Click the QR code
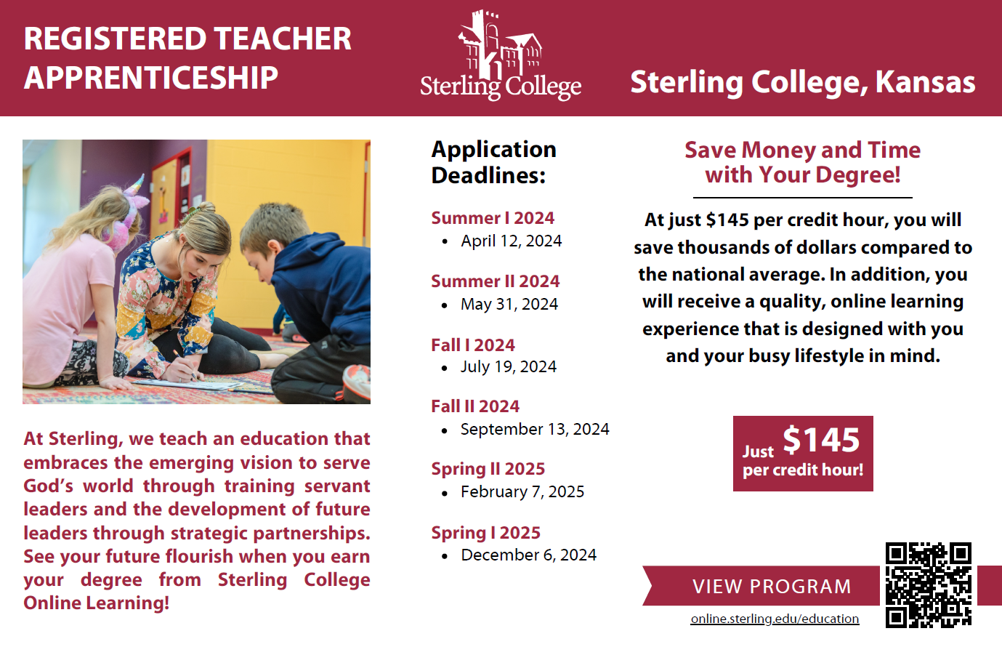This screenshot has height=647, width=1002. pos(928,584)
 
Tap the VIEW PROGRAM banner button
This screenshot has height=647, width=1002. pos(771,587)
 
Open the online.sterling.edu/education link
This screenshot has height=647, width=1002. pos(775,619)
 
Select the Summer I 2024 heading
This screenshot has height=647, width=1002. pos(493,218)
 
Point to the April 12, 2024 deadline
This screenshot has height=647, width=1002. pos(511,241)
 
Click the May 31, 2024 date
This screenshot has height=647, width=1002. pos(509,304)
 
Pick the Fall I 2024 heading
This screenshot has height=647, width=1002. pos(473,345)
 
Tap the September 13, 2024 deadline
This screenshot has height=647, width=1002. pos(534,429)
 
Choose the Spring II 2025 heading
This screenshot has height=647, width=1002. pos(488,469)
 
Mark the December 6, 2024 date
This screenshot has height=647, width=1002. pos(528,555)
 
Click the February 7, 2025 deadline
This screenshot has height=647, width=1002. pos(522,491)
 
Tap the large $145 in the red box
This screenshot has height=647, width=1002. pos(821,440)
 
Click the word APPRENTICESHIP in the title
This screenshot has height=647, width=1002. pos(151,78)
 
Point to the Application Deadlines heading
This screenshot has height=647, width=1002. pos(493,162)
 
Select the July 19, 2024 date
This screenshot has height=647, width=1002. pos(508,366)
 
